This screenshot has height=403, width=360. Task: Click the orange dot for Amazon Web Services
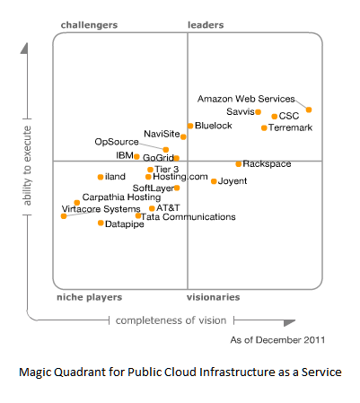(309, 110)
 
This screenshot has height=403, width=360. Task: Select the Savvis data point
(258, 112)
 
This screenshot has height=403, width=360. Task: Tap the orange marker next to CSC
(274, 117)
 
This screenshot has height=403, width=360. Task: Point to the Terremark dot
(264, 128)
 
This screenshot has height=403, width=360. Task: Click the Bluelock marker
(190, 126)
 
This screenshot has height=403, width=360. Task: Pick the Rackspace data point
(239, 164)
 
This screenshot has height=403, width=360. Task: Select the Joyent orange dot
(214, 181)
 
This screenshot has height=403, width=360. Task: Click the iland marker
(101, 177)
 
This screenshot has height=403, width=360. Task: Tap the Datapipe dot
(101, 223)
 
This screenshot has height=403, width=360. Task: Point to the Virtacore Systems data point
(64, 216)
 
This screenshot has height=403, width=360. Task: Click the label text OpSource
(117, 142)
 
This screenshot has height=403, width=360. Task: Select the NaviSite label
(162, 134)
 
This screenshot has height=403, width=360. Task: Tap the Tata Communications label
(189, 217)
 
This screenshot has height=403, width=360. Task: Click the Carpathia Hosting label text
(121, 197)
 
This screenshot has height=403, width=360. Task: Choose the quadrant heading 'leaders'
(206, 25)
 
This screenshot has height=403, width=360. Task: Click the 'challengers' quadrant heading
(89, 25)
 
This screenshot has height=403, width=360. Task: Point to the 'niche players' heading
(90, 297)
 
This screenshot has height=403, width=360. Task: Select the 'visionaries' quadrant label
(214, 297)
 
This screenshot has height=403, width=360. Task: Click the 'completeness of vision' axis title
(171, 320)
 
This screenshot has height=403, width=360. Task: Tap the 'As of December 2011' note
(277, 340)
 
